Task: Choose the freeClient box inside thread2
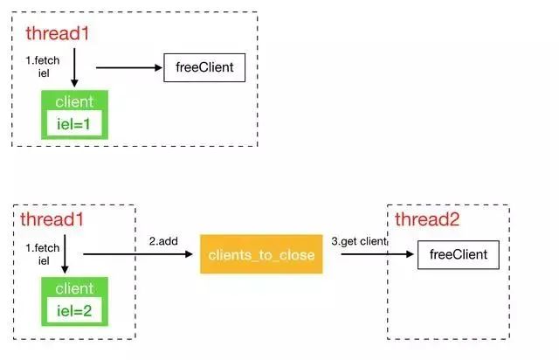[452, 255]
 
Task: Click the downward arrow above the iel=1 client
[74, 68]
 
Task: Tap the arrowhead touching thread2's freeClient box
[411, 255]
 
